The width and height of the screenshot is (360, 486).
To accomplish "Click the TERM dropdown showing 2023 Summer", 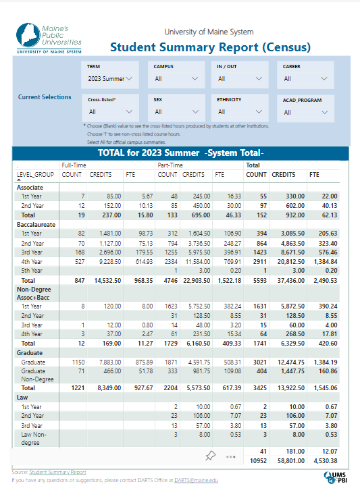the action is (x=110, y=79).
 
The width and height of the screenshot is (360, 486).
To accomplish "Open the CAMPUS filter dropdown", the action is (x=176, y=79).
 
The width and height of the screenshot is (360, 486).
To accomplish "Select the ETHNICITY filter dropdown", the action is (x=240, y=111).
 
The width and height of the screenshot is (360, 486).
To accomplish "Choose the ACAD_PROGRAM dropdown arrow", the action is (x=324, y=112).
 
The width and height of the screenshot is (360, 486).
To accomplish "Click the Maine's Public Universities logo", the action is (x=49, y=38).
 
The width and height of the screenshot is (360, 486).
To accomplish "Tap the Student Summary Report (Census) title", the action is (x=210, y=47).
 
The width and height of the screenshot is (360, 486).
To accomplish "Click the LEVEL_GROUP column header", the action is (x=35, y=175).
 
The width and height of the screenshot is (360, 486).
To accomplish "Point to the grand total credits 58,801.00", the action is (x=291, y=461).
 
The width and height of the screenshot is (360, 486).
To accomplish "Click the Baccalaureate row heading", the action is (x=36, y=225).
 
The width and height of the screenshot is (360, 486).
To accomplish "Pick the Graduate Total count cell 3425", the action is (x=260, y=387).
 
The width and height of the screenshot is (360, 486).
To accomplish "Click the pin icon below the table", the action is (x=210, y=456).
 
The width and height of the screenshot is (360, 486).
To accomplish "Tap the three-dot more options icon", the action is (x=231, y=457).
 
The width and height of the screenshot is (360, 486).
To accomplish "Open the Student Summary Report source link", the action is (x=57, y=472).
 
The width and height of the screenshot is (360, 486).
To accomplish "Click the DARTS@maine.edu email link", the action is (x=196, y=480).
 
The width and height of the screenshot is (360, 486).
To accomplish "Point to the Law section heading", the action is (x=22, y=398).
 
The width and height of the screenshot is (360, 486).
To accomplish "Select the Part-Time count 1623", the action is (x=171, y=306).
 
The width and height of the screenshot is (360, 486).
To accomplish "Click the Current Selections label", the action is (x=45, y=97).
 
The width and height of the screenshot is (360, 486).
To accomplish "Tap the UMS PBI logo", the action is (x=336, y=477).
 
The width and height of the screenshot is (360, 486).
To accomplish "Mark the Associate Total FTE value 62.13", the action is (x=330, y=215).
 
